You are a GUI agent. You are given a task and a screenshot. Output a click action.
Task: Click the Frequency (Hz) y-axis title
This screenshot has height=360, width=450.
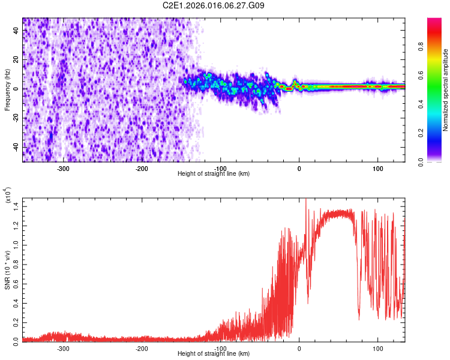tap(7, 90)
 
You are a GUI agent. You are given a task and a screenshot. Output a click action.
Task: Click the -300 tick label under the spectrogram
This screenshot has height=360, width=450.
tap(64, 168)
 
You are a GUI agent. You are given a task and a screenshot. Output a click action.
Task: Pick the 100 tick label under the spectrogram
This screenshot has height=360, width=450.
tap(377, 168)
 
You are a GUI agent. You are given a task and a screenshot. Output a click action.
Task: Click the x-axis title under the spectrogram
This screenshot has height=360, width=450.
tap(214, 174)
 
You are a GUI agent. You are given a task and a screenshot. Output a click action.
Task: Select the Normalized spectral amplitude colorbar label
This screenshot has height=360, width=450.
tap(445, 90)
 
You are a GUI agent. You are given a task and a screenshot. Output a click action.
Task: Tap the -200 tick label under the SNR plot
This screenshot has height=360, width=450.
tap(142, 348)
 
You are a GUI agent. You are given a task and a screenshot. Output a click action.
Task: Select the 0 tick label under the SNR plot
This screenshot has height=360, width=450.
tap(299, 348)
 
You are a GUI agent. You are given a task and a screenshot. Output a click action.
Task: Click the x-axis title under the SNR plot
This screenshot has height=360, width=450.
tap(214, 354)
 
